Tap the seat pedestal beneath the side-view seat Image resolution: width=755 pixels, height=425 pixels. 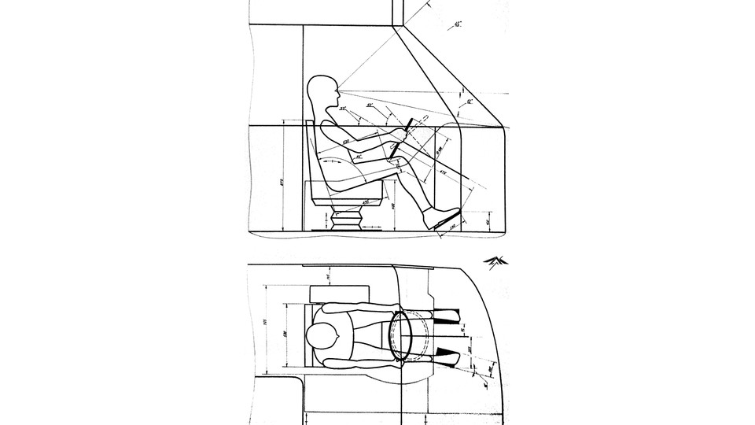tap(344, 218)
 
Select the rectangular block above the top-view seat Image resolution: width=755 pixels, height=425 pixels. tap(333, 294)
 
